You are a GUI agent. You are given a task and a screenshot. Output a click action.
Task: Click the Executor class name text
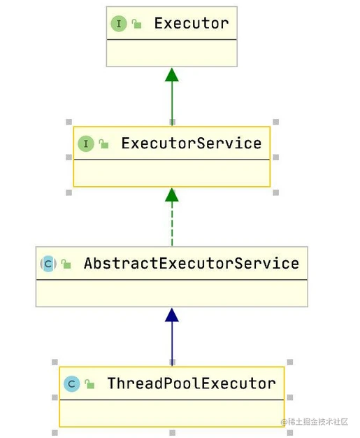[x=192, y=23]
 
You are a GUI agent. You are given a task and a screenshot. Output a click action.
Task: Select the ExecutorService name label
[x=192, y=143]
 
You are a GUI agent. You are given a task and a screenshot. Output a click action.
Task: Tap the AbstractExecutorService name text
[x=192, y=263]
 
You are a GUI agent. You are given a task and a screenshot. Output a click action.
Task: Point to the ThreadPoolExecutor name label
[x=192, y=383]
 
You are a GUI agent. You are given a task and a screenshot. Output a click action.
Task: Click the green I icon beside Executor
[x=119, y=24]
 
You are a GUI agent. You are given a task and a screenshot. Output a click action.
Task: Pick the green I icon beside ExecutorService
[x=86, y=143]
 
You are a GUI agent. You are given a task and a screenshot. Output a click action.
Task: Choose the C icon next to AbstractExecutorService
[x=48, y=264]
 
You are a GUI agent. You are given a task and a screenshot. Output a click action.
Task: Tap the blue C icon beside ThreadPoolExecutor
[x=72, y=384]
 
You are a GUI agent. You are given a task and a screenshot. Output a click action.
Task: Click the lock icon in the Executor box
[x=136, y=24]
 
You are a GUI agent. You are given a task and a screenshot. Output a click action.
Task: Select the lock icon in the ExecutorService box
[x=103, y=144]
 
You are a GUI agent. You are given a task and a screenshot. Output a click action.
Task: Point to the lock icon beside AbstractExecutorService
[x=66, y=264]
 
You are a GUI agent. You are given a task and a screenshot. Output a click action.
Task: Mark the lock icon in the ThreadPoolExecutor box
[x=89, y=384]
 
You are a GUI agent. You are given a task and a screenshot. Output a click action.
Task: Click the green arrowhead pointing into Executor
[x=172, y=75]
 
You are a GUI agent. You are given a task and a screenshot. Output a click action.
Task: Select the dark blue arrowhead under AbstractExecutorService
[x=172, y=315]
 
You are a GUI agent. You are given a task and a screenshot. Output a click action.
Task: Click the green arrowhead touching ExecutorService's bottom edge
[x=172, y=195]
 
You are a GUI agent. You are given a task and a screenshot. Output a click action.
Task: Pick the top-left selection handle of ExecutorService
[x=69, y=122]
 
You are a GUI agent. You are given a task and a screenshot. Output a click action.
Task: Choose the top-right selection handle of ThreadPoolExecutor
[x=290, y=362]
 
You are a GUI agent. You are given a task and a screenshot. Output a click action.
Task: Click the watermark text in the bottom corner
[x=315, y=422]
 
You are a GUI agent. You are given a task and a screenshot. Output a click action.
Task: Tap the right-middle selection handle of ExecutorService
[x=276, y=157]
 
